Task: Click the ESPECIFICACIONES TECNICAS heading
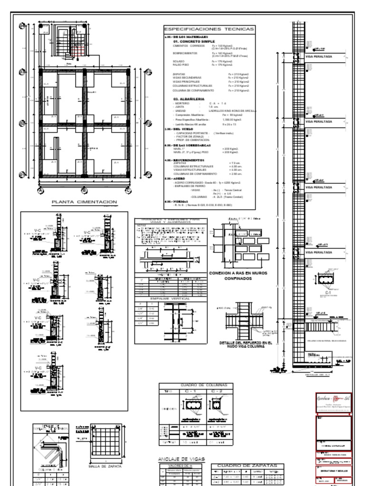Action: (x=209, y=29)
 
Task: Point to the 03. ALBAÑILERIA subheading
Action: (x=189, y=99)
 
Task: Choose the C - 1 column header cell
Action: (x=192, y=392)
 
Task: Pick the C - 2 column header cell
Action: (x=219, y=392)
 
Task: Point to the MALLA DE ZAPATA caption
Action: (x=106, y=466)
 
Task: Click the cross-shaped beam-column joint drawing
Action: (x=243, y=321)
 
